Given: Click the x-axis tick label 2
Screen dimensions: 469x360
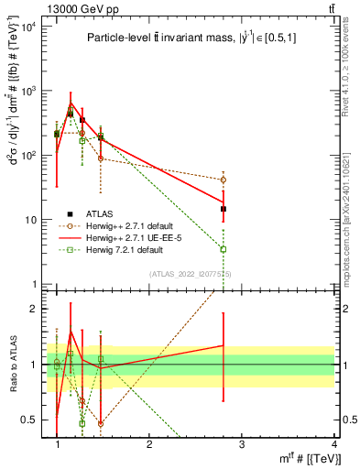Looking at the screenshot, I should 149,444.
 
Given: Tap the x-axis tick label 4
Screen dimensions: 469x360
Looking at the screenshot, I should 334,444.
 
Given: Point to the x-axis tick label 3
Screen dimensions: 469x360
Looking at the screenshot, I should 242,444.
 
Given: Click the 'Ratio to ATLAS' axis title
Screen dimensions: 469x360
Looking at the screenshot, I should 12,364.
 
